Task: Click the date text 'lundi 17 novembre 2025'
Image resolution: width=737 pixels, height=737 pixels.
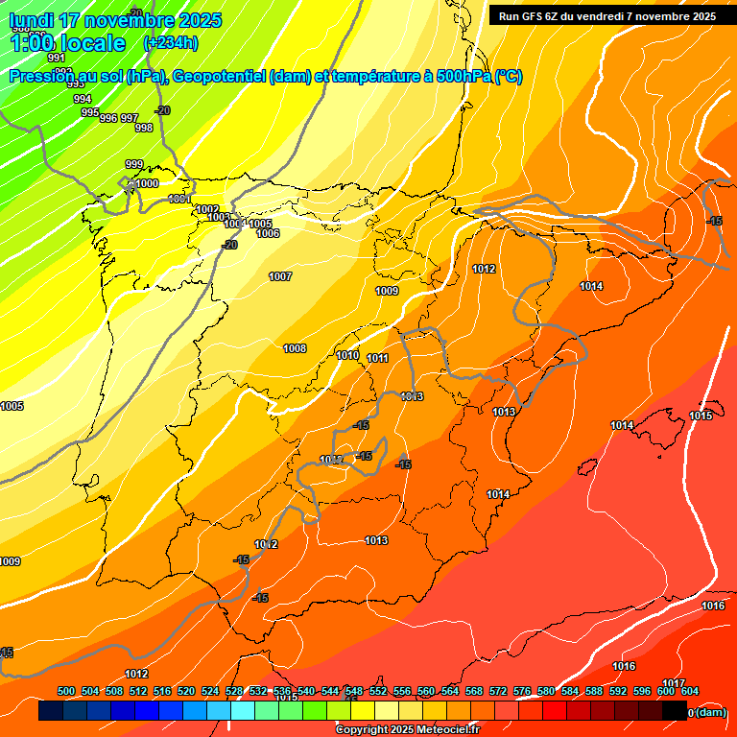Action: (x=115, y=20)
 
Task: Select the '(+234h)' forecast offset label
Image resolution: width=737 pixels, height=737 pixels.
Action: (x=170, y=43)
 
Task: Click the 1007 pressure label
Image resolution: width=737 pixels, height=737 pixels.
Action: (x=280, y=276)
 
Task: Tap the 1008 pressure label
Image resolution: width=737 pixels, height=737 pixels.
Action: (x=295, y=348)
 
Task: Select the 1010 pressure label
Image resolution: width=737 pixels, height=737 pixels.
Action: (x=347, y=355)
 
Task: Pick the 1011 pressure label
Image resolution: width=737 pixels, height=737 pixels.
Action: (x=377, y=358)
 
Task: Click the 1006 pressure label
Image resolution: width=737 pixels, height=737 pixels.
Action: (x=268, y=233)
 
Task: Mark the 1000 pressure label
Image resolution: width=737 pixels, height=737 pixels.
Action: (x=147, y=183)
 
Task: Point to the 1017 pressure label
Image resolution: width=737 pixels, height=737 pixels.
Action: (x=673, y=683)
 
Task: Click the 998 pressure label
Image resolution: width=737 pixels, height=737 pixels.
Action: (x=144, y=128)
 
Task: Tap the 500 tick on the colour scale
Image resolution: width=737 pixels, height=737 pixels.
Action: (x=66, y=691)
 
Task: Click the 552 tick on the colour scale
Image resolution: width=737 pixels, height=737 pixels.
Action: (x=378, y=691)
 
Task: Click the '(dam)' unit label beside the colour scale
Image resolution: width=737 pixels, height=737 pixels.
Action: (x=710, y=712)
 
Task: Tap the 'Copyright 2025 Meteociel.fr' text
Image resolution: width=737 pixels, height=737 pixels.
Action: (x=407, y=729)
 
